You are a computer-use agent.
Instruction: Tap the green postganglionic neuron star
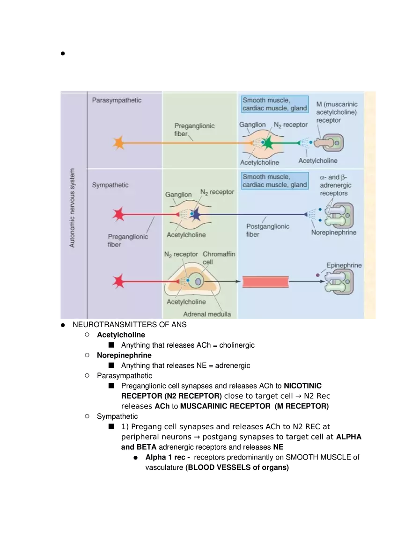pos(268,143)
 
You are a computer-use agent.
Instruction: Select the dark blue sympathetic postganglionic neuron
pos(195,215)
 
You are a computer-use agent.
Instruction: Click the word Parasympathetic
pos(117,100)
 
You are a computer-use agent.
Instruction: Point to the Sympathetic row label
pos(110,185)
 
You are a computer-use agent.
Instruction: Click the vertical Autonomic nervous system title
pos(72,208)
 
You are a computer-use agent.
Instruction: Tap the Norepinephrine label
pos(333,233)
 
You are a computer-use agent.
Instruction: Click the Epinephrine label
pos(344,265)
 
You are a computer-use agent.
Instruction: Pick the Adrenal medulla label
pos(206,314)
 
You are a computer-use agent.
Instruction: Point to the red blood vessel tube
pos(265,282)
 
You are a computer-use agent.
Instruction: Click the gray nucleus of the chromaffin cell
pos(199,281)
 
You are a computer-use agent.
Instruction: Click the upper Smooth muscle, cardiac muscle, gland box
pos(274,104)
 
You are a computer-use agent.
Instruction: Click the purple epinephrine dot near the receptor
pos(318,275)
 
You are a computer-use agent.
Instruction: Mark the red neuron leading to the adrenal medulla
pos(119,282)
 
